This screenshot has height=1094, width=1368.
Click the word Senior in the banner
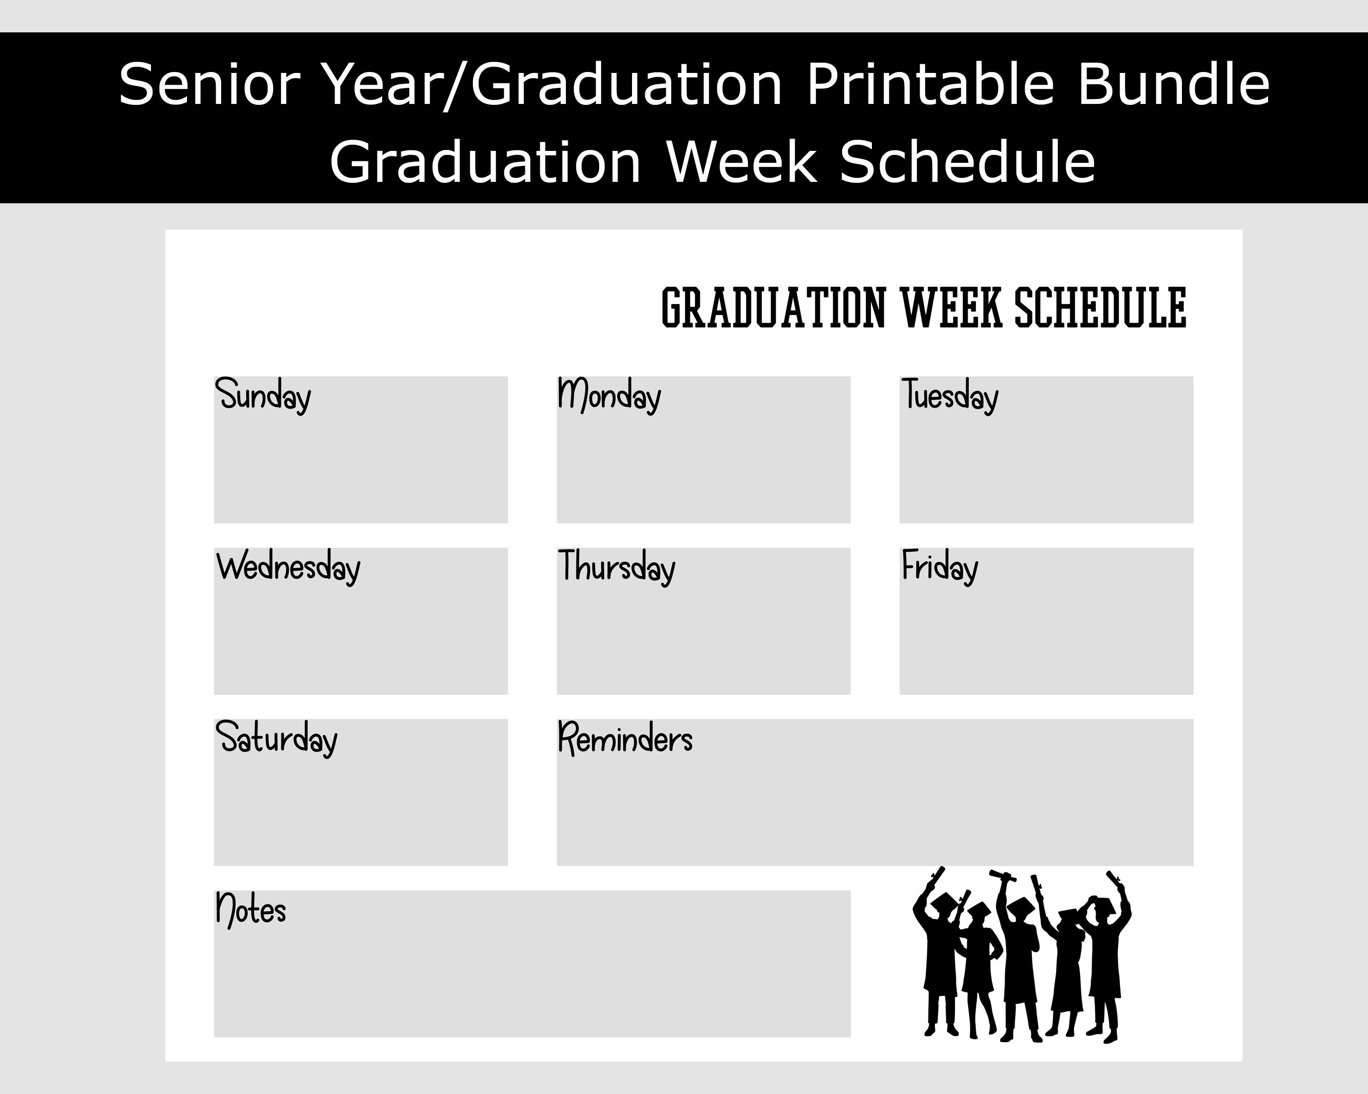point(209,84)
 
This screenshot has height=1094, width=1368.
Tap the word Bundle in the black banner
point(1174,84)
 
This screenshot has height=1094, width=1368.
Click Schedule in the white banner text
point(968,162)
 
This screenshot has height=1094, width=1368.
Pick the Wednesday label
point(288,566)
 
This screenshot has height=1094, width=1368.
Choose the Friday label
point(940,566)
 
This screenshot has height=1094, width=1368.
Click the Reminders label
point(625,738)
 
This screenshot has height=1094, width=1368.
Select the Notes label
point(251,909)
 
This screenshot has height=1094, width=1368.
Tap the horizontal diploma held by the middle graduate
point(1003,876)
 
